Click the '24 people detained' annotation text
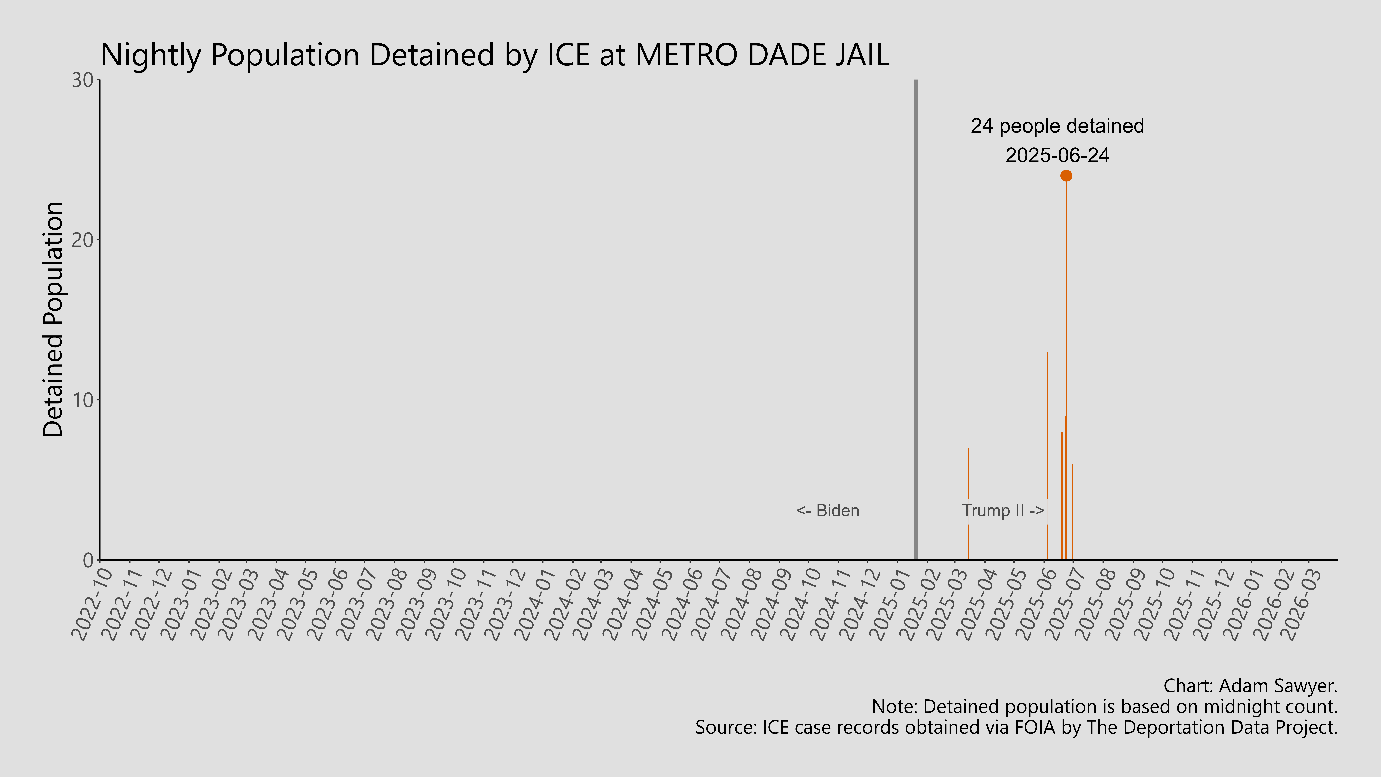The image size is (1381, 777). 1057,126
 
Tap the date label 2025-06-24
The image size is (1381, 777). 1057,156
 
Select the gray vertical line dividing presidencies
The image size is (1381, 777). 916,322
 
